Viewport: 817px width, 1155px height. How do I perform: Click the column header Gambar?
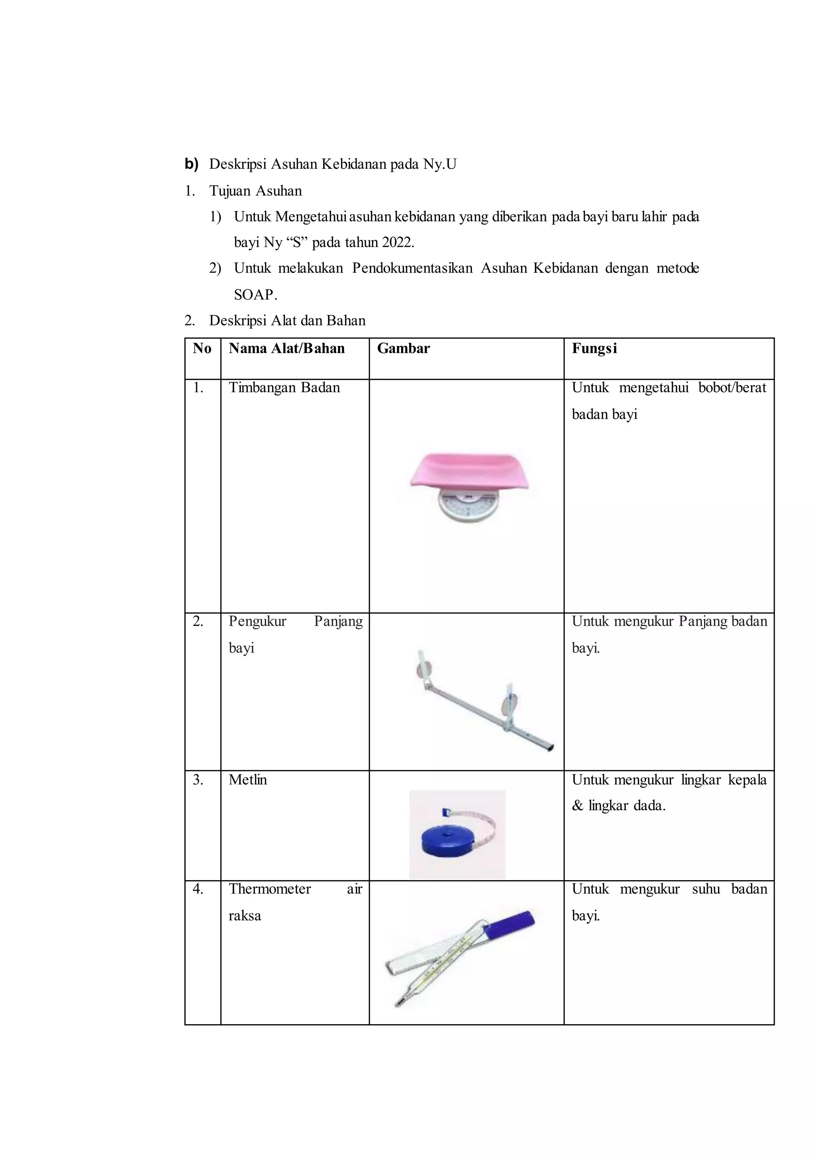(403, 349)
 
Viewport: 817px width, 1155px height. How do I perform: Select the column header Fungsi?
(594, 349)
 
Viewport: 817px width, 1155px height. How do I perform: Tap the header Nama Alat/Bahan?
(286, 349)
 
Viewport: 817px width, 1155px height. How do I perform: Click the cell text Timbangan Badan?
(284, 388)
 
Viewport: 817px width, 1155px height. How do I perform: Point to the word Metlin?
(247, 780)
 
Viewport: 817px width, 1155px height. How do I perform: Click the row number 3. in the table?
(198, 780)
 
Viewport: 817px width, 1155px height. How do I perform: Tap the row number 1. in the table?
(198, 388)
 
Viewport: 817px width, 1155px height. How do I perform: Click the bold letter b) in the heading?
(191, 164)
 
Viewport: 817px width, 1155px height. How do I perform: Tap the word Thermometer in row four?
(270, 889)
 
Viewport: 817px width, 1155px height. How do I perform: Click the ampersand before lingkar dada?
(577, 806)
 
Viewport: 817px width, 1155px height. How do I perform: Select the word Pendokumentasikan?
(412, 269)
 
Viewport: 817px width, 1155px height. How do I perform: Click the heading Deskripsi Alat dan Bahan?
(287, 321)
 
